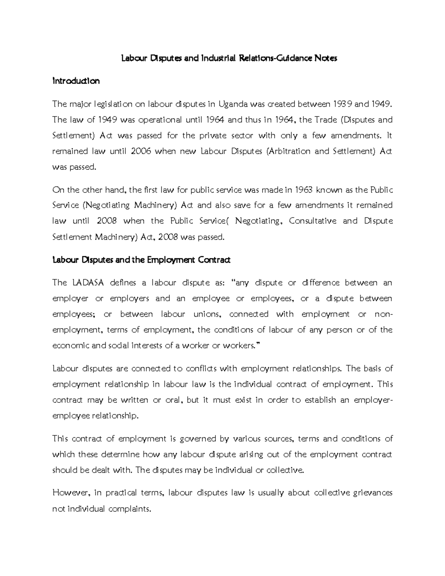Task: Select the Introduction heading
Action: tap(76, 81)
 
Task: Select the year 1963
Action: tap(304, 190)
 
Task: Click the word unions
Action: tap(207, 314)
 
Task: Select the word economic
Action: tap(71, 346)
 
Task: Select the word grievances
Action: tap(373, 493)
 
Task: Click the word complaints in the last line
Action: tap(130, 509)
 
